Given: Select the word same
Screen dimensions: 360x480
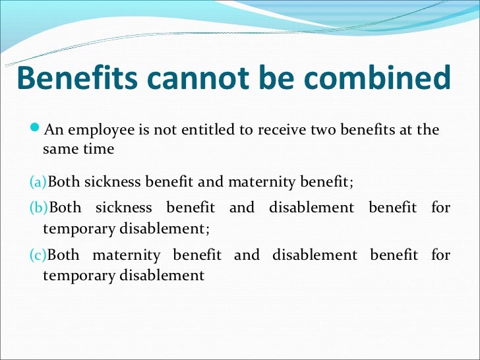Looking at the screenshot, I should click(x=59, y=149).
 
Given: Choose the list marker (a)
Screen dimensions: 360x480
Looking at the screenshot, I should click(x=39, y=181).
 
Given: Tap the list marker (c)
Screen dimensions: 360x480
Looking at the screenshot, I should click(x=39, y=255).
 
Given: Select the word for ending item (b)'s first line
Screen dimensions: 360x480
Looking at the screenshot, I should click(x=440, y=208).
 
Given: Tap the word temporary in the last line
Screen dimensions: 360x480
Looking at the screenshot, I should click(x=77, y=276).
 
